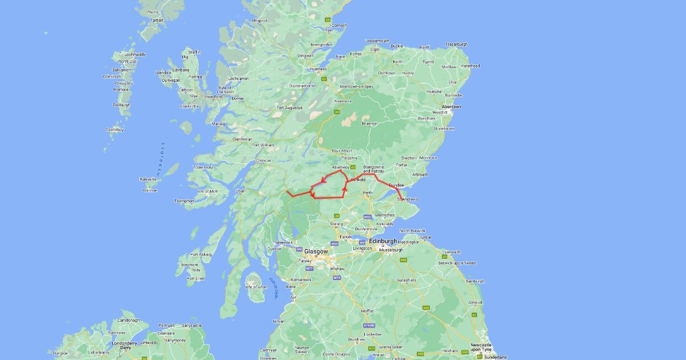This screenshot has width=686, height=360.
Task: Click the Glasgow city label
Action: tap(317, 251)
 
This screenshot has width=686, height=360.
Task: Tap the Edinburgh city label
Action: tap(383, 241)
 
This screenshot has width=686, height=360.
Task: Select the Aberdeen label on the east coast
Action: tap(451, 107)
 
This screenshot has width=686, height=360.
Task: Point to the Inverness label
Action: tap(318, 69)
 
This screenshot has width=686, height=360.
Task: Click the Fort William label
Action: tap(264, 145)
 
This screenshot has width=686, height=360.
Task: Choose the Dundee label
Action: tap(397, 185)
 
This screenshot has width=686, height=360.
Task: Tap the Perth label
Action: tap(368, 193)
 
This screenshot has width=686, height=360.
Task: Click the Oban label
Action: tap(240, 191)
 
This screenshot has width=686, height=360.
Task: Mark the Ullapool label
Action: tap(260, 21)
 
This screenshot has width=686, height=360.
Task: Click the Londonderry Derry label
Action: tap(125, 345)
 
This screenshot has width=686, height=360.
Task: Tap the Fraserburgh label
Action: tap(457, 44)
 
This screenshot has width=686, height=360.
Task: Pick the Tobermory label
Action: tap(203, 167)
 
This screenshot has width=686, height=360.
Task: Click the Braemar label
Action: tap(370, 123)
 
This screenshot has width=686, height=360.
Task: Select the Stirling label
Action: tap(336, 224)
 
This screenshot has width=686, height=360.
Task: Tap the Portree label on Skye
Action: tap(196, 77)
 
